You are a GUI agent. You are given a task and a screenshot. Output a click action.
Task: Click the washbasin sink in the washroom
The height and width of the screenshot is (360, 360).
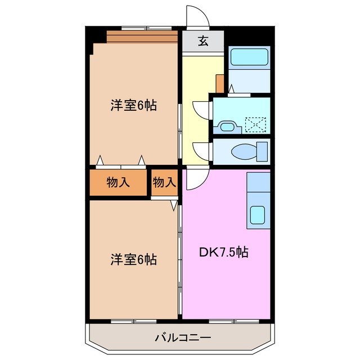[228, 127]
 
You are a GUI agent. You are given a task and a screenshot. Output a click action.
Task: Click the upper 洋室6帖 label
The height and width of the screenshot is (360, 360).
[133, 105]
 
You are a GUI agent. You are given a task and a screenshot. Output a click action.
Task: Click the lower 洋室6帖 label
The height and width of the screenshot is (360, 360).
[133, 260]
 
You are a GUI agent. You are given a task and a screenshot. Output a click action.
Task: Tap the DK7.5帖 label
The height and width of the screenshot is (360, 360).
[223, 253]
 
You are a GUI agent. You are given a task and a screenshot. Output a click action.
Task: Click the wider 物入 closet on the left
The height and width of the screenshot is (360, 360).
[119, 182]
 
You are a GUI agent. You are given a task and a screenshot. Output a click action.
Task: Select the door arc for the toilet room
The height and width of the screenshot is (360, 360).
[201, 150]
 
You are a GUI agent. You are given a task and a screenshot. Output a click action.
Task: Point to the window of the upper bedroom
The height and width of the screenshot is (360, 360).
[146, 28]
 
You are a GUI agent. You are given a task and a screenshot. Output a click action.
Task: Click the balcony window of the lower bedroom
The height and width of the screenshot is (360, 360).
[133, 321]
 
